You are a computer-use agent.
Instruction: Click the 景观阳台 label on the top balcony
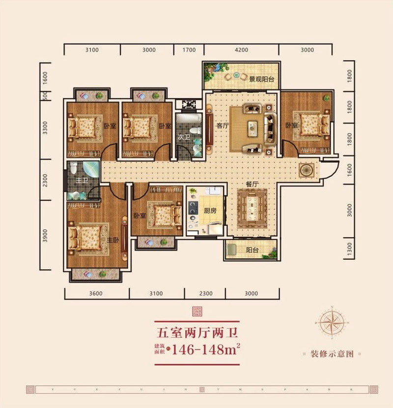click(x=261, y=78)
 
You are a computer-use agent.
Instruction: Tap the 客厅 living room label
click(x=223, y=126)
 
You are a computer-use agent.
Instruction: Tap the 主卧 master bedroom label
click(x=113, y=240)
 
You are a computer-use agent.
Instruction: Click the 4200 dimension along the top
click(x=241, y=50)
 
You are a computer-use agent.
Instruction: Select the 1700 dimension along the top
click(x=189, y=50)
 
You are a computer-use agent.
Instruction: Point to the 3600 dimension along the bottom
click(x=96, y=294)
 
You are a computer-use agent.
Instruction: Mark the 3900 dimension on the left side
click(x=45, y=235)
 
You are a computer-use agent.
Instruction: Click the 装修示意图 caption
click(x=332, y=354)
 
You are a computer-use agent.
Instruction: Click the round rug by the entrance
click(x=306, y=170)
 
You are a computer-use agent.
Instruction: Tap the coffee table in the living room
click(x=253, y=126)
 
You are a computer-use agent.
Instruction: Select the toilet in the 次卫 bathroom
click(x=196, y=131)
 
